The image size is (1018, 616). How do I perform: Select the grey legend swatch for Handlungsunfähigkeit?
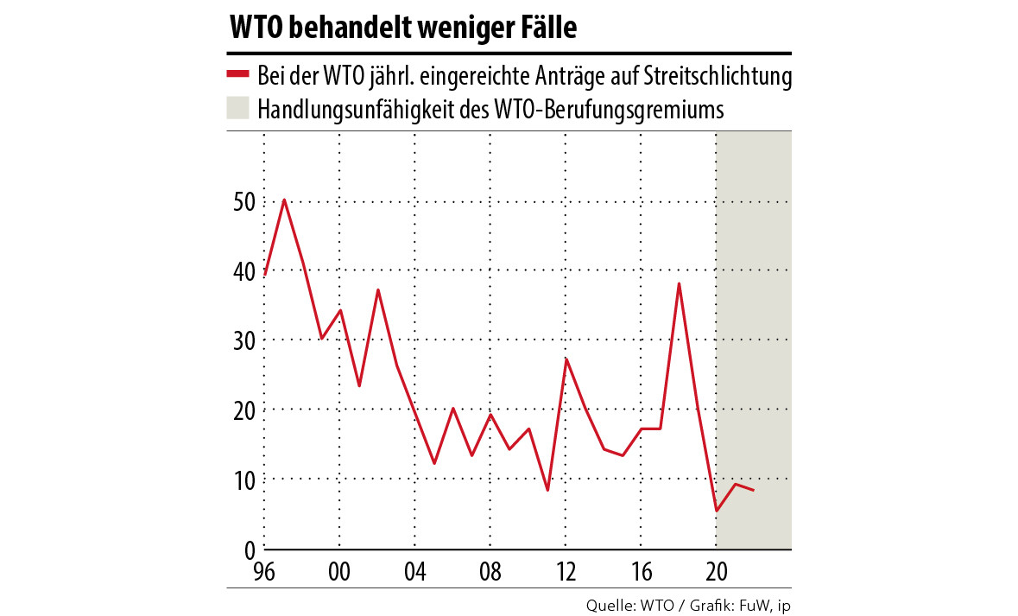(x=237, y=109)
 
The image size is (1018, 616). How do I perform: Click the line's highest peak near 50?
(x=283, y=200)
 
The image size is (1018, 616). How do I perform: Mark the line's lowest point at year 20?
(x=717, y=511)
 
